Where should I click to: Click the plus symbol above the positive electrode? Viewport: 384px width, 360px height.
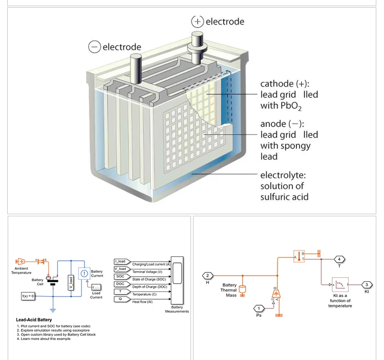198,21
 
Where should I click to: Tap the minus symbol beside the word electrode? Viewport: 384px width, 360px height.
94,47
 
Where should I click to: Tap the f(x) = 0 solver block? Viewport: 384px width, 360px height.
28,296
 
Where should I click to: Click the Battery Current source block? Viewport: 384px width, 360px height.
83,274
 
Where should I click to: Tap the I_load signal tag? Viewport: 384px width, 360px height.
120,261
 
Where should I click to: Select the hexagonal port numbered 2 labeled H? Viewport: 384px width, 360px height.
208,276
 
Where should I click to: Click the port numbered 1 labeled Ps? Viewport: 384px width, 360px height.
259,308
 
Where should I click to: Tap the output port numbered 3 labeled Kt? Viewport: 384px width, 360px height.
367,285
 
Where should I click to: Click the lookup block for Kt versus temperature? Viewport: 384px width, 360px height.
340,284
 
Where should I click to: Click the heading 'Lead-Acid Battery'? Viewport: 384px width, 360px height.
35,320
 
